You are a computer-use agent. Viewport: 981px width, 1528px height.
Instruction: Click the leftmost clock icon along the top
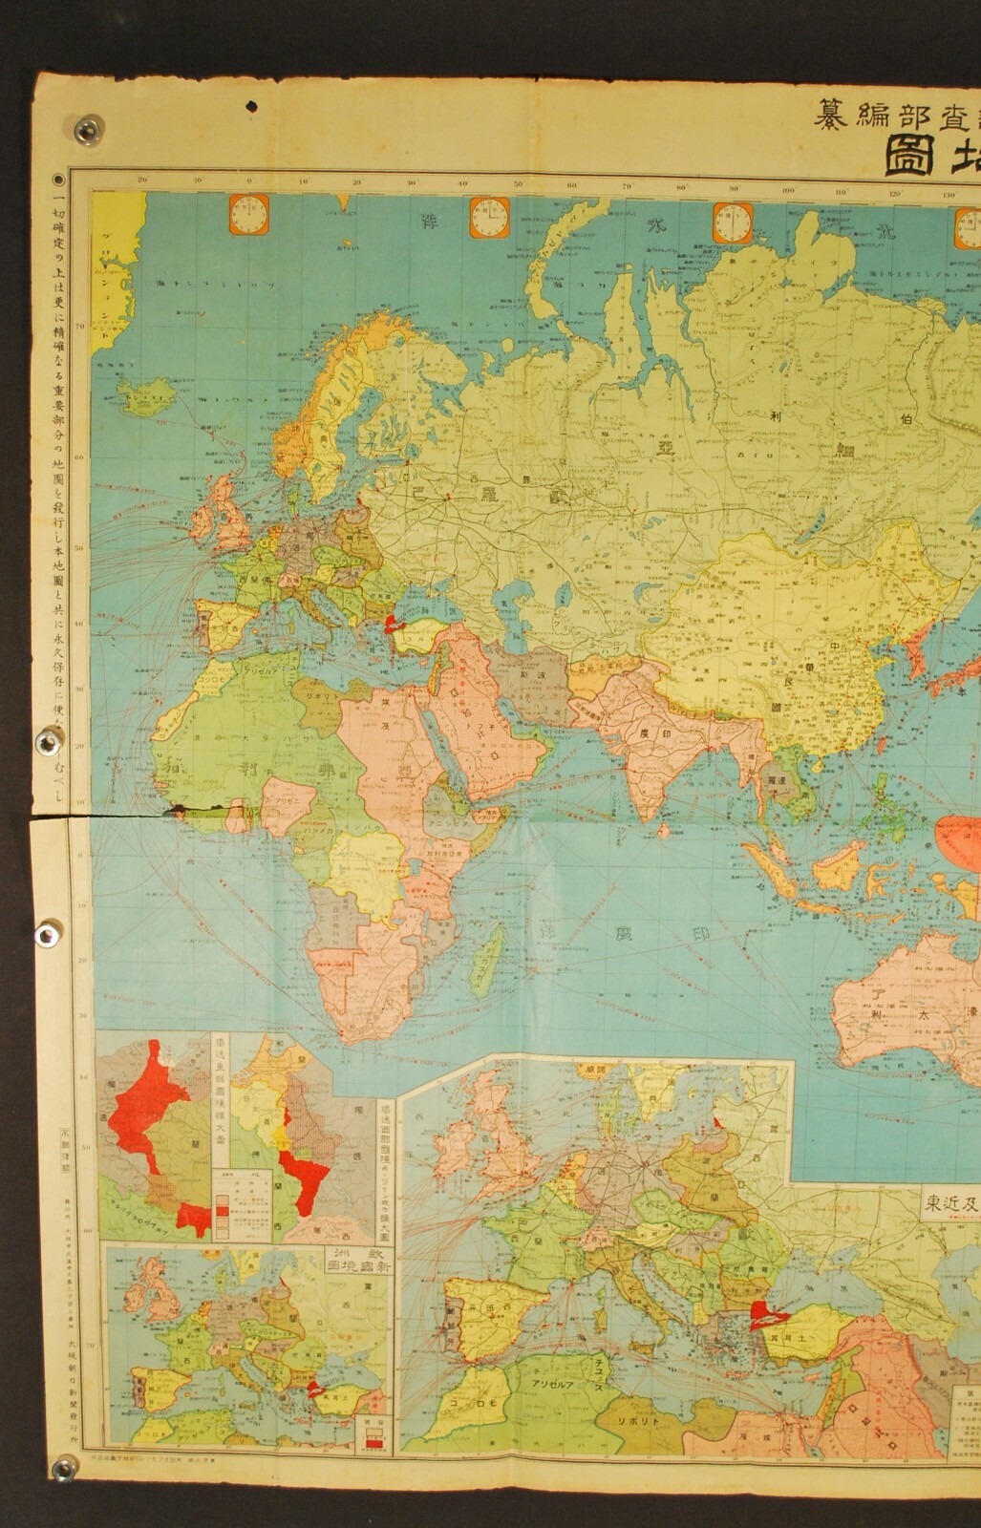pyautogui.click(x=247, y=218)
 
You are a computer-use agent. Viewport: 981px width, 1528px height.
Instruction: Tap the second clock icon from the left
pyautogui.click(x=488, y=218)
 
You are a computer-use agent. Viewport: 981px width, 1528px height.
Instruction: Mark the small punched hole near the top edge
pyautogui.click(x=251, y=107)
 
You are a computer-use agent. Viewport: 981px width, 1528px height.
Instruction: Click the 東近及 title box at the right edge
pyautogui.click(x=949, y=1201)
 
